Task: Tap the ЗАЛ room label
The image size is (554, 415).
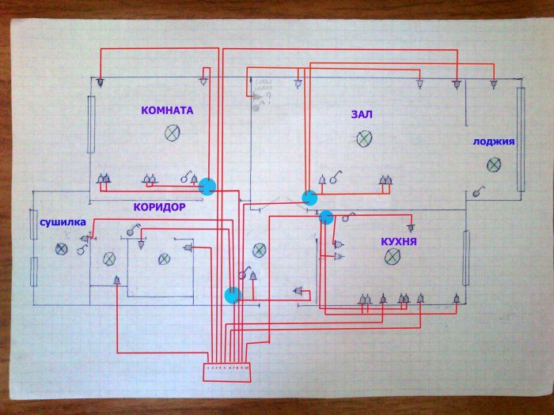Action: (362, 115)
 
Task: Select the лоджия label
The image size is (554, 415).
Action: (494, 142)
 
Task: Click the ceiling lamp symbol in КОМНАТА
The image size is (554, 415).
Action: (172, 134)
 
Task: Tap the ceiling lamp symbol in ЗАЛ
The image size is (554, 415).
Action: (363, 140)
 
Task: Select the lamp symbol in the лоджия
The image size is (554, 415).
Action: (494, 164)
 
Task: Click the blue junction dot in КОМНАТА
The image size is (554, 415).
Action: (207, 187)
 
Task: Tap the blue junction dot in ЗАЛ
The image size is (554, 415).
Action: (309, 198)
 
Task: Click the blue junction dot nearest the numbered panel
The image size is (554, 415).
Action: (232, 295)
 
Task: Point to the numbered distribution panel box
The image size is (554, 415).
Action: (228, 368)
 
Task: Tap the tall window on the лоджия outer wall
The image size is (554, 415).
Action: (521, 139)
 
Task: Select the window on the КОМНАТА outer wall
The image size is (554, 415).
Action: (91, 126)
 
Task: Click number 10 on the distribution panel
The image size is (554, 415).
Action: (246, 368)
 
